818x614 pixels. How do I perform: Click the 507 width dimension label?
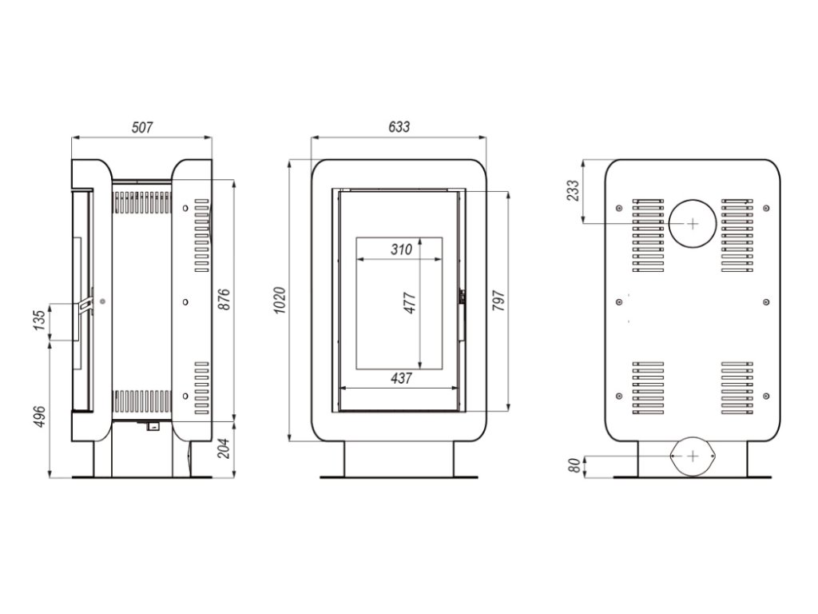[x=141, y=127]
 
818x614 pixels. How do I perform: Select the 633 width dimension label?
[x=399, y=127]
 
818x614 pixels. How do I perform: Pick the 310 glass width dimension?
[x=401, y=249]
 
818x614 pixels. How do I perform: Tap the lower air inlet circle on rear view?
[x=692, y=457]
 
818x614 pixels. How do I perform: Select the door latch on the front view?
[x=461, y=297]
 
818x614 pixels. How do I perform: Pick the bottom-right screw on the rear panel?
[x=766, y=395]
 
